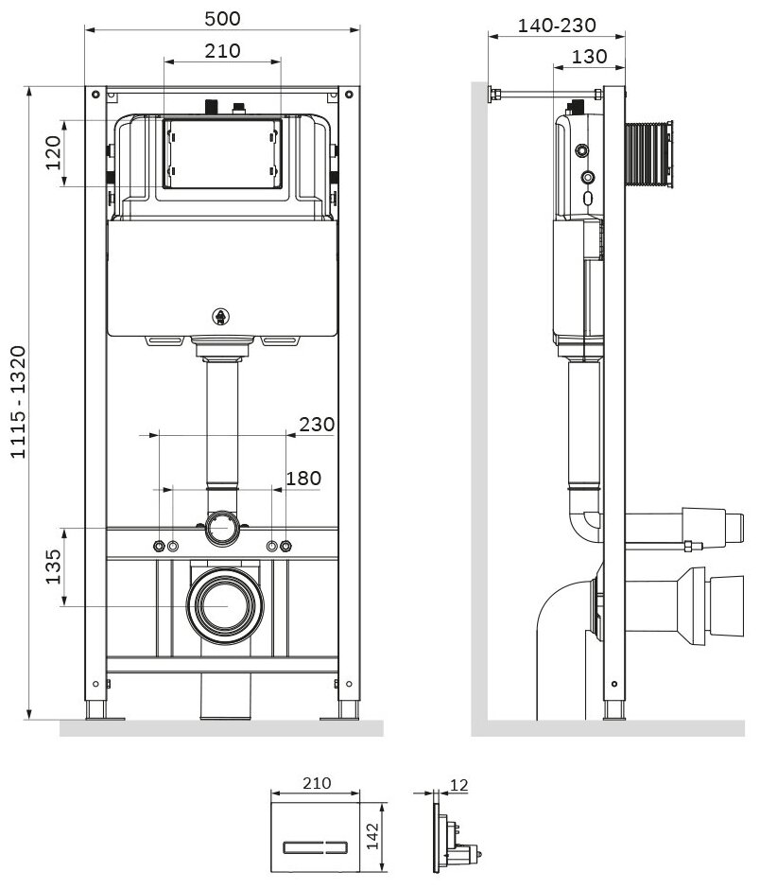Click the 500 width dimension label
[x=222, y=18]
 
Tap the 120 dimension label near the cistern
[x=53, y=153]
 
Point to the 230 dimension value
[x=317, y=425]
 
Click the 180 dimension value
[x=302, y=479]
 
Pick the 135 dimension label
[x=53, y=566]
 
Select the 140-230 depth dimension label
[x=557, y=26]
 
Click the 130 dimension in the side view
[x=589, y=57]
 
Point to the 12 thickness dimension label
[x=460, y=784]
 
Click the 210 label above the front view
[x=222, y=50]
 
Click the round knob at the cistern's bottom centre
[x=222, y=317]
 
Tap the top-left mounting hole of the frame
[x=96, y=94]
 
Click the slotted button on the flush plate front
[x=313, y=842]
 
